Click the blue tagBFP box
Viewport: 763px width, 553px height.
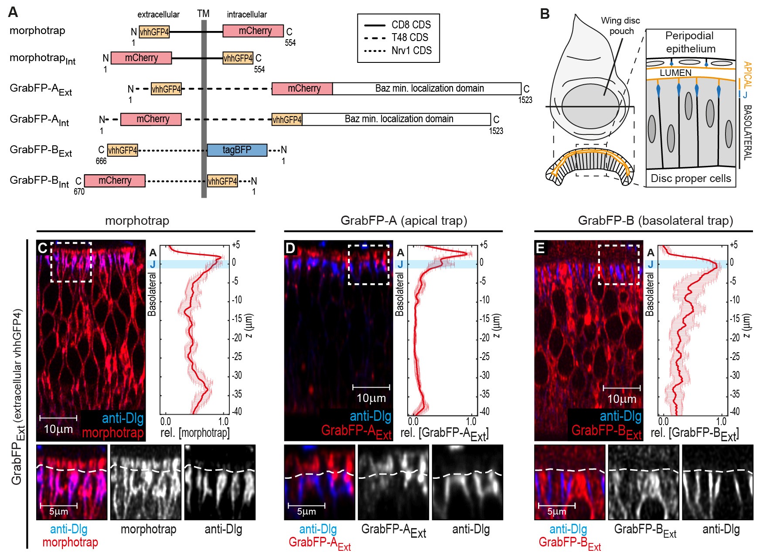[237, 150]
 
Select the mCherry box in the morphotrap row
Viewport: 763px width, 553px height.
[253, 31]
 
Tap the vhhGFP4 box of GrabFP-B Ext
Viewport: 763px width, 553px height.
[123, 150]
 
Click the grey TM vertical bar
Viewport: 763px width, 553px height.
[204, 109]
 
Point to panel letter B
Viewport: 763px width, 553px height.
[545, 14]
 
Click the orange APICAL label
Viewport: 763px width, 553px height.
[747, 75]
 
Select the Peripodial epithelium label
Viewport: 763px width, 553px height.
[690, 42]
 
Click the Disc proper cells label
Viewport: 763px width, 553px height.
[691, 178]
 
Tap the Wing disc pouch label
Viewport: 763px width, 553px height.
[620, 26]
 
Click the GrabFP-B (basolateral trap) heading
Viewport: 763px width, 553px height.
[655, 220]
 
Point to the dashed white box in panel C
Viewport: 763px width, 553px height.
[71, 262]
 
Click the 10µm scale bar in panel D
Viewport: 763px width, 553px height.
[371, 387]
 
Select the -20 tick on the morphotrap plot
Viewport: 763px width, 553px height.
[237, 337]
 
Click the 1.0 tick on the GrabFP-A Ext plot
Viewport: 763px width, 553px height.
[471, 422]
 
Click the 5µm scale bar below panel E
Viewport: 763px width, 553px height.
[557, 505]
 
